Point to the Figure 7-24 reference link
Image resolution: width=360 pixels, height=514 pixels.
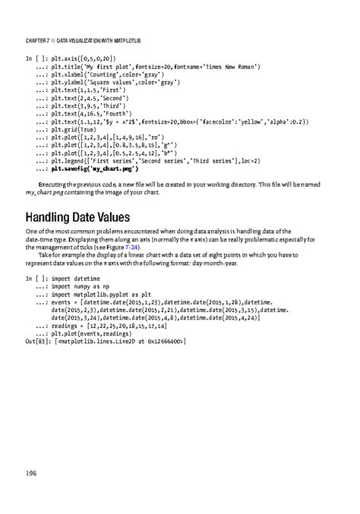tap(122, 247)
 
